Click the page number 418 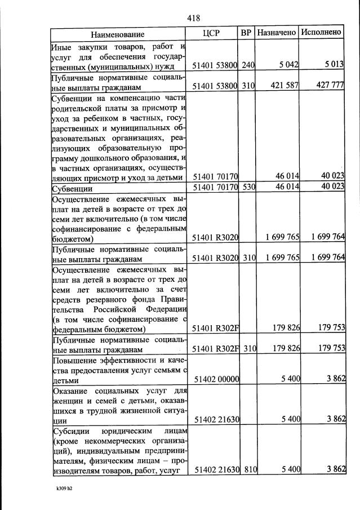pos(194,17)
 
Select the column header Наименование pos(121,34)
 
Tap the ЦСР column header pos(211,33)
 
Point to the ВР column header pos(246,33)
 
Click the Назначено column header pos(276,33)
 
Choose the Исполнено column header pos(321,33)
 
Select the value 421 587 pos(285,87)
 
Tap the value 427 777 pos(329,87)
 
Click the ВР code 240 pos(248,66)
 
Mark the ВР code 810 pos(248,470)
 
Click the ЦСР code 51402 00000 pos(216,380)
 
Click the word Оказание pos(72,391)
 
